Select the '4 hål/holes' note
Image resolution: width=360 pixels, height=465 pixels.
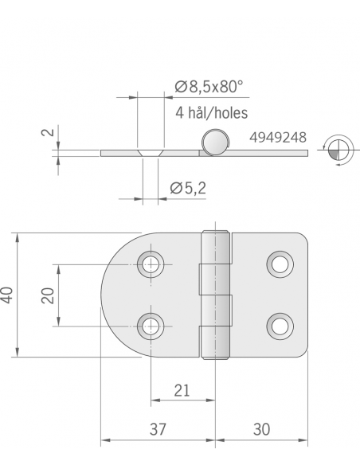212,113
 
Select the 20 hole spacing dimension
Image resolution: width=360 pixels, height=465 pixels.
48,295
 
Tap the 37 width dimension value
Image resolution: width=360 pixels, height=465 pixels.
158,429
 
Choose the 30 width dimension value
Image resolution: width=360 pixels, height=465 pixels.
262,429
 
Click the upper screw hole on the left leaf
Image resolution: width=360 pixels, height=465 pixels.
150,264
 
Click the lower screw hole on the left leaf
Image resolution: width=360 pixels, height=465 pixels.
150,325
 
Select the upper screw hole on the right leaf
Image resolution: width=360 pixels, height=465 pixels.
279,264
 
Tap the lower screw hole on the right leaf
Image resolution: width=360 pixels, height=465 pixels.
279,325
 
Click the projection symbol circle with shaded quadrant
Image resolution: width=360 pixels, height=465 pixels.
335,151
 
